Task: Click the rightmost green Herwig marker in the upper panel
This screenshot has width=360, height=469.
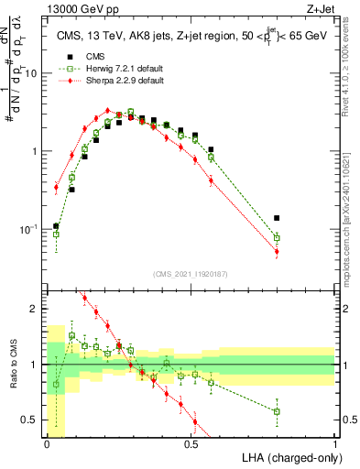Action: click(x=277, y=238)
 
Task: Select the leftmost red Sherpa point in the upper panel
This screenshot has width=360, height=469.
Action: click(x=56, y=188)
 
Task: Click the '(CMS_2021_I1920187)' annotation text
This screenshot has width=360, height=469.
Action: click(x=191, y=273)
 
